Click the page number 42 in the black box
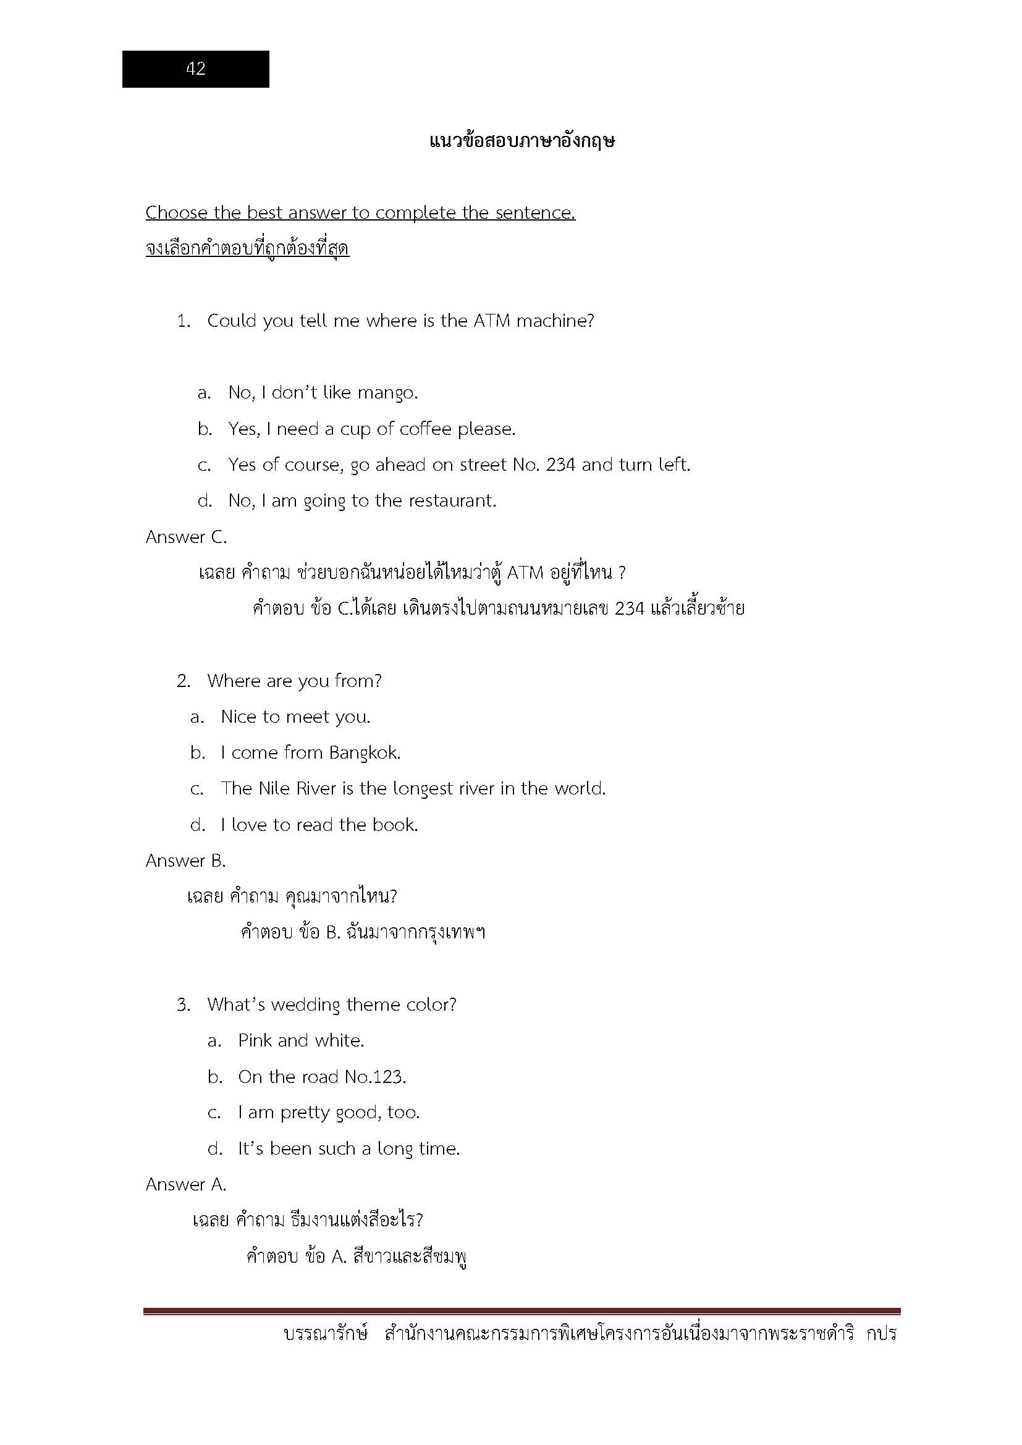click(196, 69)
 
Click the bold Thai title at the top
click(522, 140)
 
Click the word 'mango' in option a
click(386, 393)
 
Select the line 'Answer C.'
click(186, 537)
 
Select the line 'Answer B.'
click(185, 861)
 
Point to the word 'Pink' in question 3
click(255, 1041)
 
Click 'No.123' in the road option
click(375, 1077)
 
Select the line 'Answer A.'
click(185, 1185)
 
